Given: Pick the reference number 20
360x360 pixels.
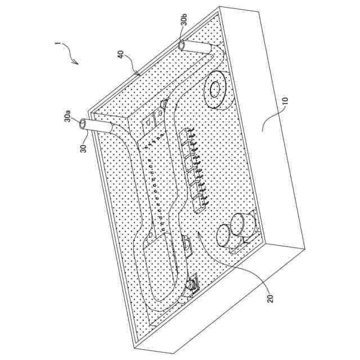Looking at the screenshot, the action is (268, 297).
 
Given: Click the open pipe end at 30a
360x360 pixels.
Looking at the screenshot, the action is (84, 122).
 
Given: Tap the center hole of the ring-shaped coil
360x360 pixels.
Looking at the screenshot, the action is (214, 89).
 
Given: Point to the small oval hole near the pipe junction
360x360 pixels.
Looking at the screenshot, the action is (164, 105).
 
